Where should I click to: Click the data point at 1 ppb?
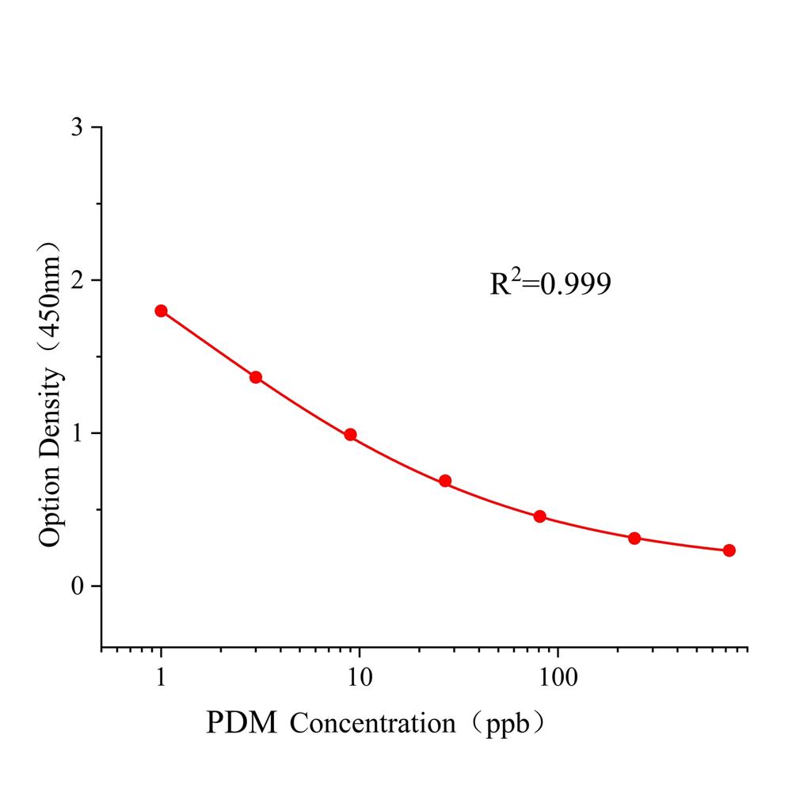162,311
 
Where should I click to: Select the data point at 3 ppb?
256,377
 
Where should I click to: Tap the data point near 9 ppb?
350,435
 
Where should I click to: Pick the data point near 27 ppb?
445,481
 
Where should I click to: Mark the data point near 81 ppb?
540,516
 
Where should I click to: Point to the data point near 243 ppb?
634,539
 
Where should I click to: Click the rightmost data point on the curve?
729,550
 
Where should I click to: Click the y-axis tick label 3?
76,128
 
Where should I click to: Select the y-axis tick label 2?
76,280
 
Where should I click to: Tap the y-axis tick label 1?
76,433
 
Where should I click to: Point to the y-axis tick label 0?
76,586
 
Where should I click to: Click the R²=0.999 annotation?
550,284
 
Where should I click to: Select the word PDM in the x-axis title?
242,723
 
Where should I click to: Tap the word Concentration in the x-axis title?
373,723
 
